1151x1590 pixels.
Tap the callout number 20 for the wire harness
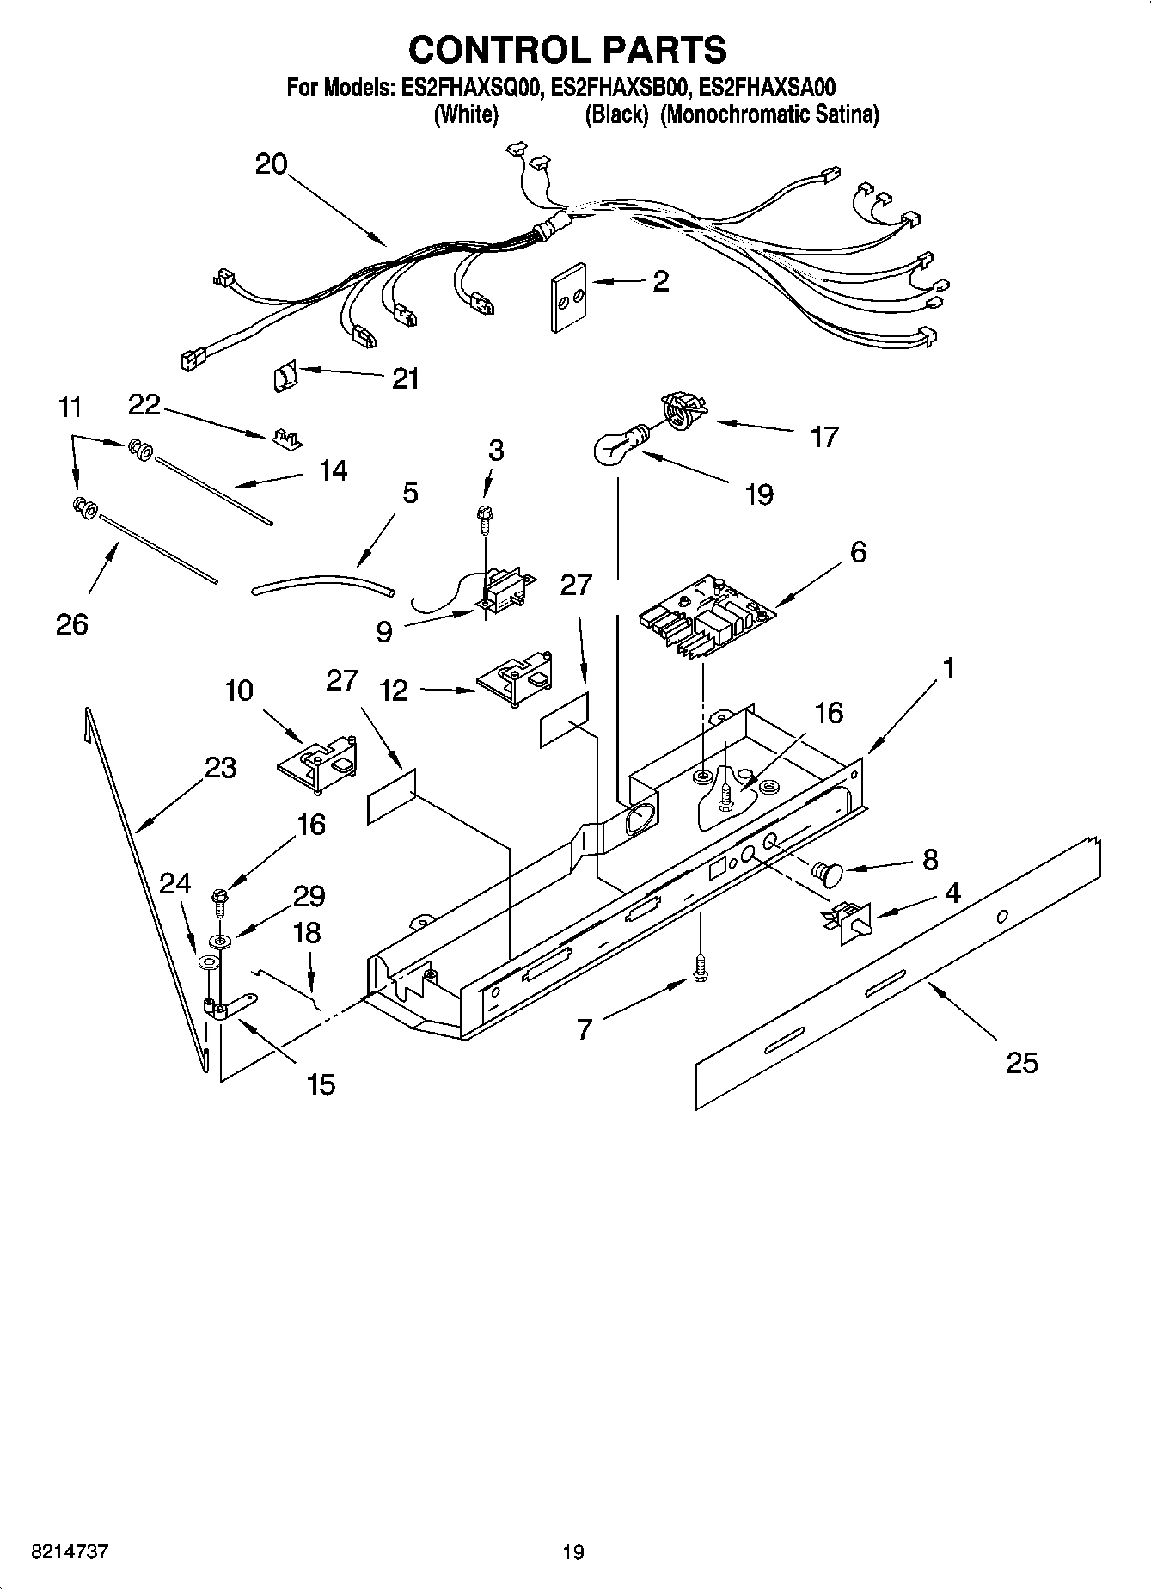(271, 163)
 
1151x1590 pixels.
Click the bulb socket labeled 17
(682, 408)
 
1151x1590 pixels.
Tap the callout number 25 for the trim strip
(1022, 1063)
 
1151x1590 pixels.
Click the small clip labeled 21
(284, 377)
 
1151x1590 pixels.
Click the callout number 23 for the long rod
(220, 767)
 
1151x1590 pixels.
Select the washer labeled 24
(206, 961)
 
